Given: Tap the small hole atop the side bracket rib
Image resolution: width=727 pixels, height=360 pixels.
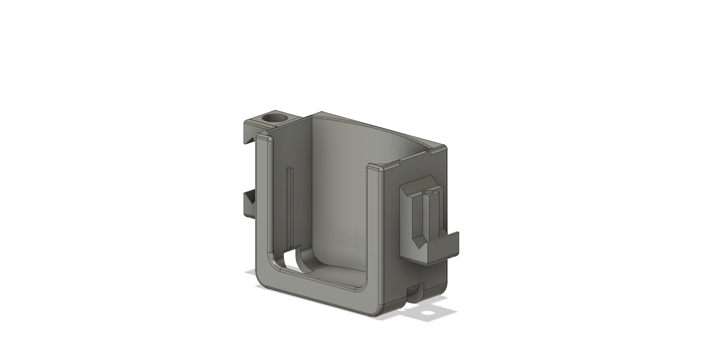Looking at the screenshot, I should pyautogui.click(x=429, y=192).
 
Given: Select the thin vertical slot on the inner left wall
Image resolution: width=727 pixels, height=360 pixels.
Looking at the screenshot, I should pyautogui.click(x=290, y=201).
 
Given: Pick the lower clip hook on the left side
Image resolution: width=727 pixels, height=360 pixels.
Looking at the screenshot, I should pyautogui.click(x=249, y=204).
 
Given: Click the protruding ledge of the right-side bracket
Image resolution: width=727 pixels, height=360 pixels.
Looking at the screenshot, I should pyautogui.click(x=443, y=246).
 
